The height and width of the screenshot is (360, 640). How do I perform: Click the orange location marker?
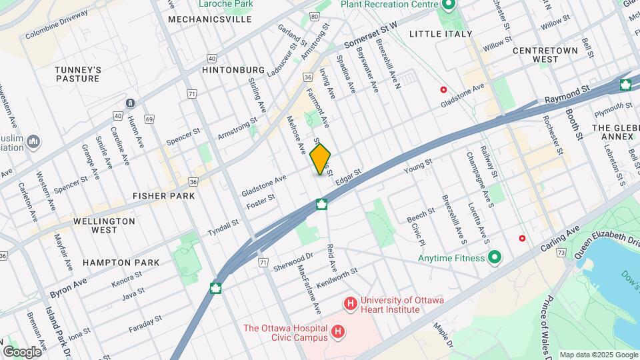[321, 159]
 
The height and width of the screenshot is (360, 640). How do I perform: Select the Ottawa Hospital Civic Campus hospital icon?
[339, 331]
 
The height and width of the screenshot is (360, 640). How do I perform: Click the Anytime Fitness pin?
[495, 257]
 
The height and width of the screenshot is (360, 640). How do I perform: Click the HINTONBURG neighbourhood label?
[233, 69]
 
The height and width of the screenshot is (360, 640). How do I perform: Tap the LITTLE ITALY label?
[440, 33]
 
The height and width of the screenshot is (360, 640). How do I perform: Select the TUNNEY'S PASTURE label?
[78, 74]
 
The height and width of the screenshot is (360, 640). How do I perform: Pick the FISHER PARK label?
[163, 196]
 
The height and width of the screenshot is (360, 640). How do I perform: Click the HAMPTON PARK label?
[121, 263]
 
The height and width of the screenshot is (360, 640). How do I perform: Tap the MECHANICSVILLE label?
[209, 19]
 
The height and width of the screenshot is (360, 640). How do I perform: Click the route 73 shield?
[561, 253]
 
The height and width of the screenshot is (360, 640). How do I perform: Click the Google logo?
[22, 351]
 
